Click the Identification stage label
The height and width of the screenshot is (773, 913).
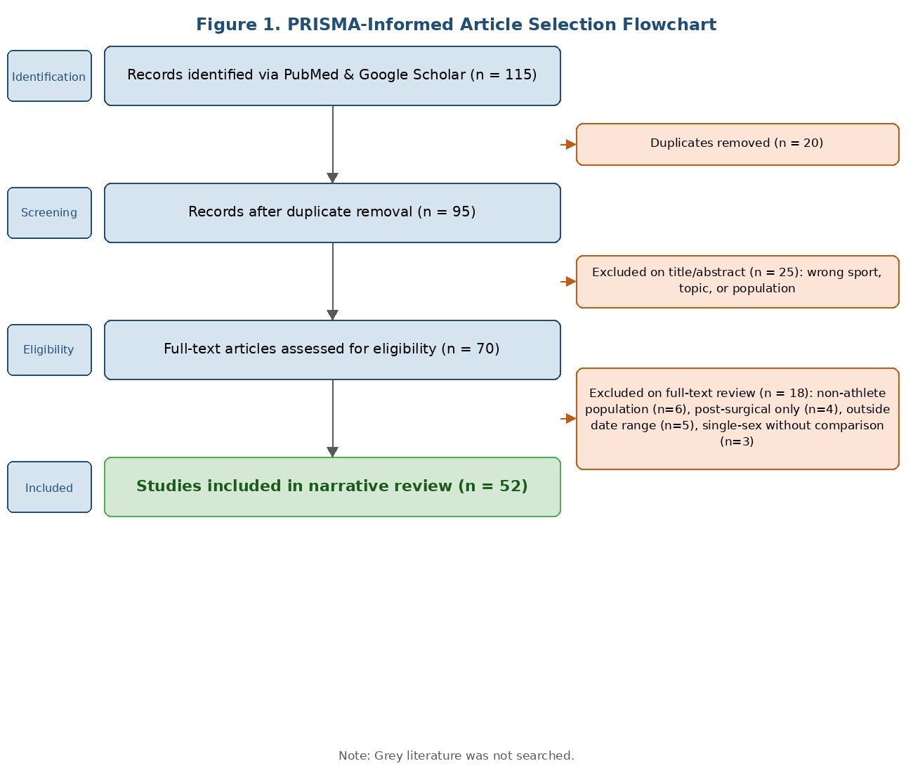tap(49, 76)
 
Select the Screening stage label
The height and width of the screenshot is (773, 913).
tap(49, 213)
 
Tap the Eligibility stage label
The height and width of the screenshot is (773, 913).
tap(49, 349)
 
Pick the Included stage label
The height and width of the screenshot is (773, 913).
tap(49, 487)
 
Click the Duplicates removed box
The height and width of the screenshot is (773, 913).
tap(737, 144)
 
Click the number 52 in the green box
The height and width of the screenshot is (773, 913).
tap(510, 486)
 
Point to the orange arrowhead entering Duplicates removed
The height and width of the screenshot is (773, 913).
tap(571, 144)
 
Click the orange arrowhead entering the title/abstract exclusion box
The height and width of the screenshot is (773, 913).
tap(571, 281)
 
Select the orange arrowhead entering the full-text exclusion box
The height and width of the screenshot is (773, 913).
tap(571, 418)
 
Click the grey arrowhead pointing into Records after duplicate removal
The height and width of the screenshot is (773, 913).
tap(333, 178)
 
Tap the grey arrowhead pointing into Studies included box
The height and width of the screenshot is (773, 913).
tap(333, 452)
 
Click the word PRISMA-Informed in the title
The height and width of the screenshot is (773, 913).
tap(370, 25)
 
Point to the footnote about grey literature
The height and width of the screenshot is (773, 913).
tap(456, 755)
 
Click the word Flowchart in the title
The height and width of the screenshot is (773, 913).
tap(669, 25)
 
